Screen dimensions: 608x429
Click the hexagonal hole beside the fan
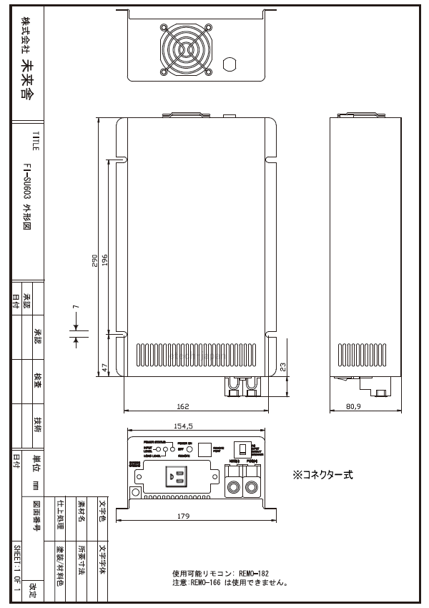click(230, 64)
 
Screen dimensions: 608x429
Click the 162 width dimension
click(182, 406)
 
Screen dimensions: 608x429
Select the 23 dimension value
click(285, 365)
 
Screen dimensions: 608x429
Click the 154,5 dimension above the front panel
click(184, 426)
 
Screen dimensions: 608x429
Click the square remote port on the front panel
click(204, 448)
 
